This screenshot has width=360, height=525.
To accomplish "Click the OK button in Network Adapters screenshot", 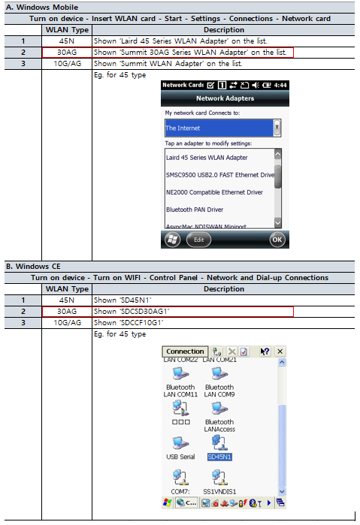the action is [x=277, y=240].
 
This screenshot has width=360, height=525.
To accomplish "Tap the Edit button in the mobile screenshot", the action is [x=198, y=240].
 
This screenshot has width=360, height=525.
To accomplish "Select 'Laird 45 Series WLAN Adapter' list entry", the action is [x=207, y=158].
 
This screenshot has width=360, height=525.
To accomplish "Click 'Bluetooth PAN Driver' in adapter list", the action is [x=195, y=210].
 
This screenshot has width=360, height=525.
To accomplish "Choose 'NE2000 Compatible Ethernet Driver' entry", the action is [x=214, y=192].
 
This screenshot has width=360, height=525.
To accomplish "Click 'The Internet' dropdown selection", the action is [x=219, y=128].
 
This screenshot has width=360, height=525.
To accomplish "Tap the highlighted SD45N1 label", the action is [x=219, y=457].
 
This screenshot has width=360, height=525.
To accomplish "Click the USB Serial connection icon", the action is [x=180, y=442].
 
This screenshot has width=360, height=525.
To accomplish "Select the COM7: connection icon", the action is [x=180, y=477].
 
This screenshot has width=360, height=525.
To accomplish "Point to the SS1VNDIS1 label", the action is [x=219, y=491].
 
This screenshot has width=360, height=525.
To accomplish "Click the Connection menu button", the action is [x=185, y=352].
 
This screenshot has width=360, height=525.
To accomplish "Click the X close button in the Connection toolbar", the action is [x=280, y=352].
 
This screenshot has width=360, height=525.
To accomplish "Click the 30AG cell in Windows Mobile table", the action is [x=67, y=53].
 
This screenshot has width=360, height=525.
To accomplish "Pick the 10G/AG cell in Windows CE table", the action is [x=67, y=323].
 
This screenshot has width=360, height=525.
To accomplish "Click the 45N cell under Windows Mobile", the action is [x=67, y=41].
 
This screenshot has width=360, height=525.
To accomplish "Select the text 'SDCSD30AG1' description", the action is [x=145, y=312].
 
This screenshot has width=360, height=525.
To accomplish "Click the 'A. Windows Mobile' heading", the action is [x=42, y=7].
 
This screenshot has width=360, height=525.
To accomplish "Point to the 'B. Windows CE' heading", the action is [x=33, y=267].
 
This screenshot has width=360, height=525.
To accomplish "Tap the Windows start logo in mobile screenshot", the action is [x=172, y=240].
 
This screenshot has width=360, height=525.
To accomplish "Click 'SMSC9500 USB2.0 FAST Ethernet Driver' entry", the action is [x=220, y=175].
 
